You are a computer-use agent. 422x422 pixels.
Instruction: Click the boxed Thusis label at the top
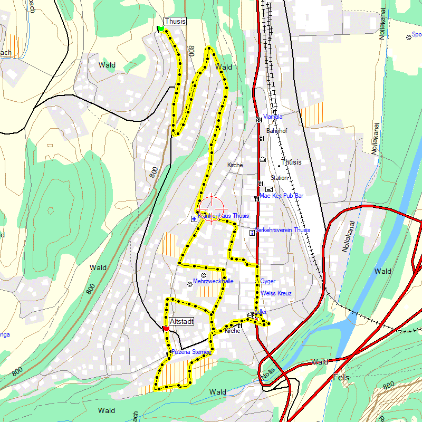(x=175, y=21)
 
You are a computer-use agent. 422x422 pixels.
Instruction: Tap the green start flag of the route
(x=161, y=29)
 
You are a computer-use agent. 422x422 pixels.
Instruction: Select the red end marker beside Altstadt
(x=166, y=329)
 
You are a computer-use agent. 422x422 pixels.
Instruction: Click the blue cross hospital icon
(x=194, y=218)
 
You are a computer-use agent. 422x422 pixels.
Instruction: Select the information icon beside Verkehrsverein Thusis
(x=252, y=231)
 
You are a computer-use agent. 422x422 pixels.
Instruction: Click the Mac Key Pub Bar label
(x=281, y=196)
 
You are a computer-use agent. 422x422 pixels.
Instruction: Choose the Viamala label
(x=273, y=117)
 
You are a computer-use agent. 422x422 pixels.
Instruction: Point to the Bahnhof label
(x=276, y=130)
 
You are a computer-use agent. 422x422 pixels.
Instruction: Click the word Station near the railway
(x=280, y=178)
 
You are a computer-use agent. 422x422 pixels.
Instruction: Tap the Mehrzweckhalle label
(x=213, y=281)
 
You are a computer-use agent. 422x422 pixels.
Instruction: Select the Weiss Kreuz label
(x=276, y=293)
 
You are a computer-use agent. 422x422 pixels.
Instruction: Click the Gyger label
(x=267, y=281)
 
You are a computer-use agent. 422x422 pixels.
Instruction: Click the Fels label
(x=342, y=378)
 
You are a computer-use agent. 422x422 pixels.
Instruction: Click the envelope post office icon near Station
(x=269, y=189)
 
